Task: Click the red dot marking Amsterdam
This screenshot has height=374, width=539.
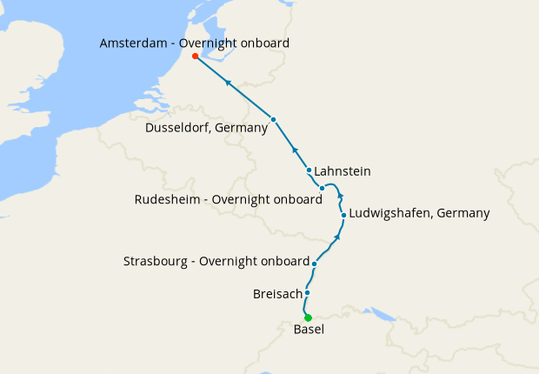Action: tap(195, 57)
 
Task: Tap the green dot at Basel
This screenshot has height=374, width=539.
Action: tap(308, 317)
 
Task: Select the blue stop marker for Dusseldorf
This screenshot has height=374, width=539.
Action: tap(273, 119)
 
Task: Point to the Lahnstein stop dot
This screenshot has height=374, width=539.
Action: tap(309, 170)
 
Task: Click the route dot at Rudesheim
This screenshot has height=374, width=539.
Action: tap(322, 188)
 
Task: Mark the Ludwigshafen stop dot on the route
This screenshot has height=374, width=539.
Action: tap(344, 215)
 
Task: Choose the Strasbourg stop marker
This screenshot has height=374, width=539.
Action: tap(315, 262)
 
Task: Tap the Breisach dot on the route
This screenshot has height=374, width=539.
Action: tap(307, 293)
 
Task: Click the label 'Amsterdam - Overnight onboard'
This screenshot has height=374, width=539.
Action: tap(195, 43)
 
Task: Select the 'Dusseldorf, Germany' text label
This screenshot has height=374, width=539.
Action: tap(207, 128)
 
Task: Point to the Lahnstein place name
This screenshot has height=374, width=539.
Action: tap(343, 171)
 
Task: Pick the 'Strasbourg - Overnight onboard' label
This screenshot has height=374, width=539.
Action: tap(216, 261)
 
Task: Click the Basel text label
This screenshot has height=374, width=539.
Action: tap(309, 330)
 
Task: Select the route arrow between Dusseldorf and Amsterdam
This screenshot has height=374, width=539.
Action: tap(228, 83)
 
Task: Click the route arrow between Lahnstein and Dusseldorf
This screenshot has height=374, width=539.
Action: tap(294, 149)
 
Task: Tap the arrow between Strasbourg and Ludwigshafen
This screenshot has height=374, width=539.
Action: tap(337, 236)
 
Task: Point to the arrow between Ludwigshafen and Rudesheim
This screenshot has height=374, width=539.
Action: tap(340, 196)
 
